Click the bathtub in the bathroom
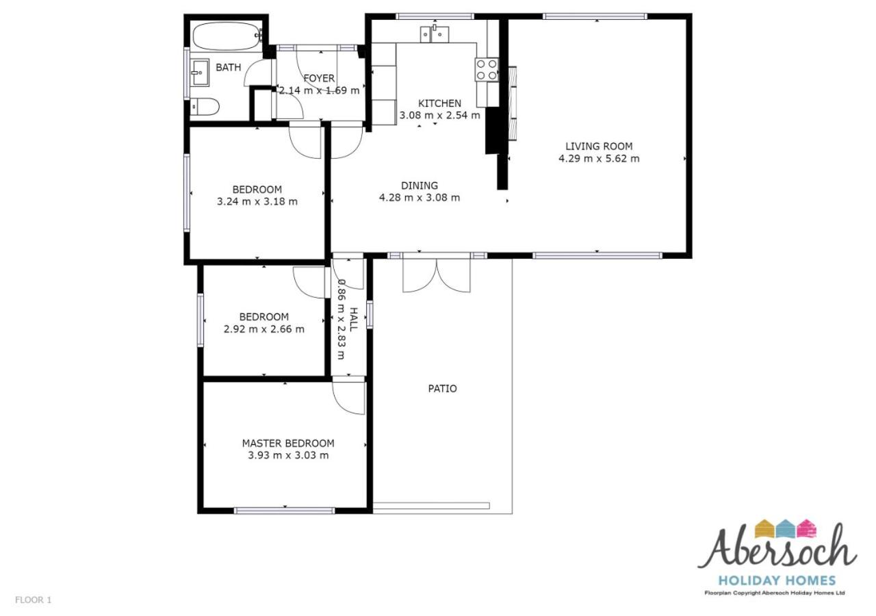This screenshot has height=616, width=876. tap(227, 36)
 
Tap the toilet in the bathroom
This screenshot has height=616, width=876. tap(205, 106)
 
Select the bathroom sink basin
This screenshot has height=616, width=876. tap(200, 73)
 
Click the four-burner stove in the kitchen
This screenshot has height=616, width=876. tap(487, 70)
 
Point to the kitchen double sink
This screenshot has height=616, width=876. tap(435, 34)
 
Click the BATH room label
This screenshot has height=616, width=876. tap(229, 67)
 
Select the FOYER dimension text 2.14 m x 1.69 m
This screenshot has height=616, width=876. tap(319, 91)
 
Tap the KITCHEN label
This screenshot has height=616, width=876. tap(439, 103)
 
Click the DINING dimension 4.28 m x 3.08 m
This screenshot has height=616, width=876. tap(420, 198)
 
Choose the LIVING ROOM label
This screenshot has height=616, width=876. tap(599, 146)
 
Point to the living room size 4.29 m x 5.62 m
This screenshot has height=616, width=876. tap(599, 158)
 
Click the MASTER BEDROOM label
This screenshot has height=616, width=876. tap(288, 443)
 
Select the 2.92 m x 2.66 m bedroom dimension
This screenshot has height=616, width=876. tap(264, 329)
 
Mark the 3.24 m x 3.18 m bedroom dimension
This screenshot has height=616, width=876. tap(257, 201)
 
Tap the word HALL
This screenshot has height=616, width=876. tap(353, 320)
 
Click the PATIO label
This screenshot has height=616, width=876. tap(442, 388)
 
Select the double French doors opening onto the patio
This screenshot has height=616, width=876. tap(437, 274)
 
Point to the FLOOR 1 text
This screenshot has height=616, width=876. tap(34, 600)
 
